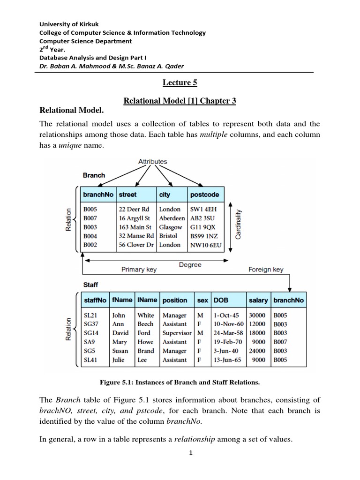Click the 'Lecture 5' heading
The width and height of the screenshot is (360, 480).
pyautogui.click(x=180, y=83)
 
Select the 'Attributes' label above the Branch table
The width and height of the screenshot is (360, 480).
pyautogui.click(x=153, y=161)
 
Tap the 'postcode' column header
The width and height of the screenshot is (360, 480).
pyautogui.click(x=204, y=195)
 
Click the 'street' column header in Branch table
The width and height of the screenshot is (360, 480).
pyautogui.click(x=128, y=195)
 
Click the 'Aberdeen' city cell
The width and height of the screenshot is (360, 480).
pyautogui.click(x=172, y=218)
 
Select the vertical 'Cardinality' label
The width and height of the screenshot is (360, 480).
pyautogui.click(x=238, y=224)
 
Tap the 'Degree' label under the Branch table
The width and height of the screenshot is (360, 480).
pyautogui.click(x=190, y=265)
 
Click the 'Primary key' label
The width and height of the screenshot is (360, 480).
pyautogui.click(x=139, y=270)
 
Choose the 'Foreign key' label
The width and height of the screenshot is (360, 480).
pyautogui.click(x=265, y=270)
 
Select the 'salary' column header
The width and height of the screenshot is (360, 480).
pyautogui.click(x=258, y=300)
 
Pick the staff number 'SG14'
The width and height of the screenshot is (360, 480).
pyautogui.click(x=90, y=333)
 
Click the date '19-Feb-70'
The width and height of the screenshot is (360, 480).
pyautogui.click(x=228, y=342)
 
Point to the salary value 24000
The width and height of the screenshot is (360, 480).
pyautogui.click(x=258, y=351)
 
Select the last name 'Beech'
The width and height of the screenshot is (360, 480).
pyautogui.click(x=145, y=324)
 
